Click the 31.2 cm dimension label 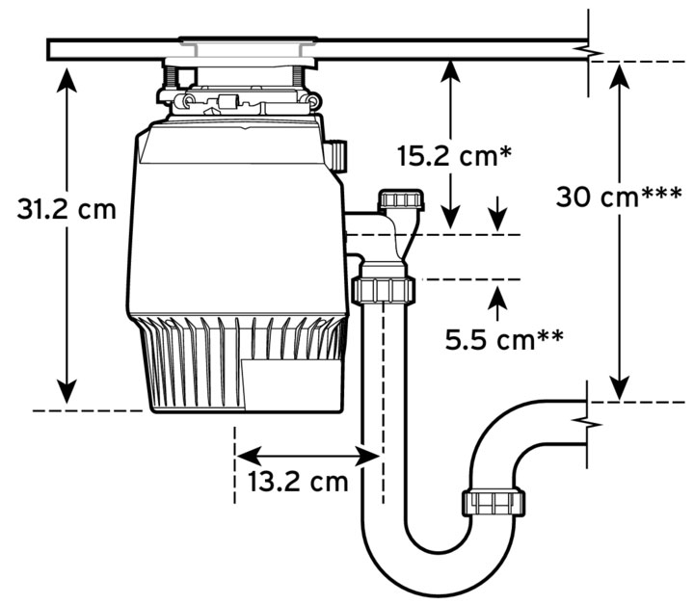[67, 209]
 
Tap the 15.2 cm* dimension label [455, 156]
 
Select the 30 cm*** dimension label [619, 197]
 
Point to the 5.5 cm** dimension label [504, 340]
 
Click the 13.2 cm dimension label [298, 482]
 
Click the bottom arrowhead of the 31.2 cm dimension [67, 391]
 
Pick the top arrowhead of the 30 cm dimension [620, 75]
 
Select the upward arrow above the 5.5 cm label [498, 303]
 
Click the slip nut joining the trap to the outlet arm [494, 502]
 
